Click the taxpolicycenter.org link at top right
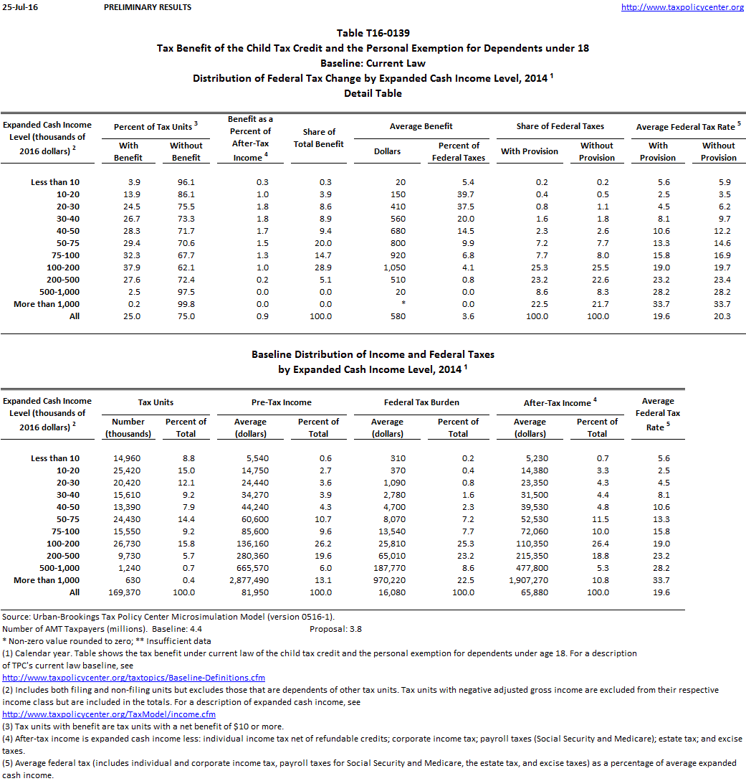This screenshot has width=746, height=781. pyautogui.click(x=682, y=7)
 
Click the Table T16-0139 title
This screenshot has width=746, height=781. pyautogui.click(x=373, y=33)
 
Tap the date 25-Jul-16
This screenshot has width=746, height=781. pyautogui.click(x=16, y=7)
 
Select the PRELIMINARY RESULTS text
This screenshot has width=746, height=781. pyautogui.click(x=148, y=7)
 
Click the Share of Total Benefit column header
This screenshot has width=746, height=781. pyautogui.click(x=319, y=138)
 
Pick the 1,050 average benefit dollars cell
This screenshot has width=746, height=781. pyautogui.click(x=392, y=268)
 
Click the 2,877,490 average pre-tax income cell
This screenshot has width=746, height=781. pyautogui.click(x=250, y=580)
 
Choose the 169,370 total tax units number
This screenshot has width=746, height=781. pyautogui.click(x=128, y=592)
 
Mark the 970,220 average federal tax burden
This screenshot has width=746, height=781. pyautogui.click(x=387, y=580)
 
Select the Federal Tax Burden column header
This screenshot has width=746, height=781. pyautogui.click(x=421, y=402)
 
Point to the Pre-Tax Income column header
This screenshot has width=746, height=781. pyautogui.click(x=282, y=402)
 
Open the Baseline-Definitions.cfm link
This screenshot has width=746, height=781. pyautogui.click(x=134, y=678)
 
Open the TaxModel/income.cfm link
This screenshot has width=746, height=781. pyautogui.click(x=109, y=714)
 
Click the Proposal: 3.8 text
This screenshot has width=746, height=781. pyautogui.click(x=335, y=629)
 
